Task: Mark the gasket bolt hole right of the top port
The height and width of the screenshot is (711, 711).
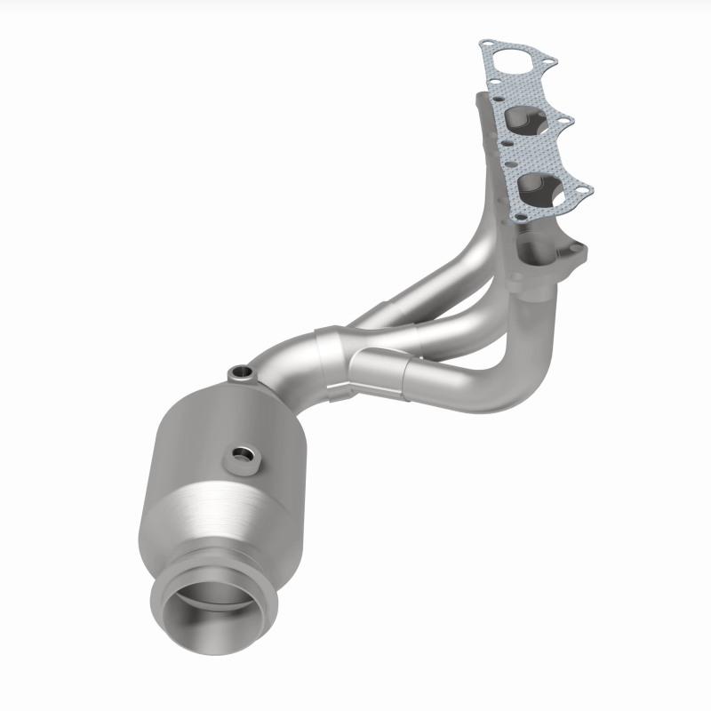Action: click(x=547, y=61)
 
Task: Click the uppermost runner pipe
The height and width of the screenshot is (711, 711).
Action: click(x=427, y=284)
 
